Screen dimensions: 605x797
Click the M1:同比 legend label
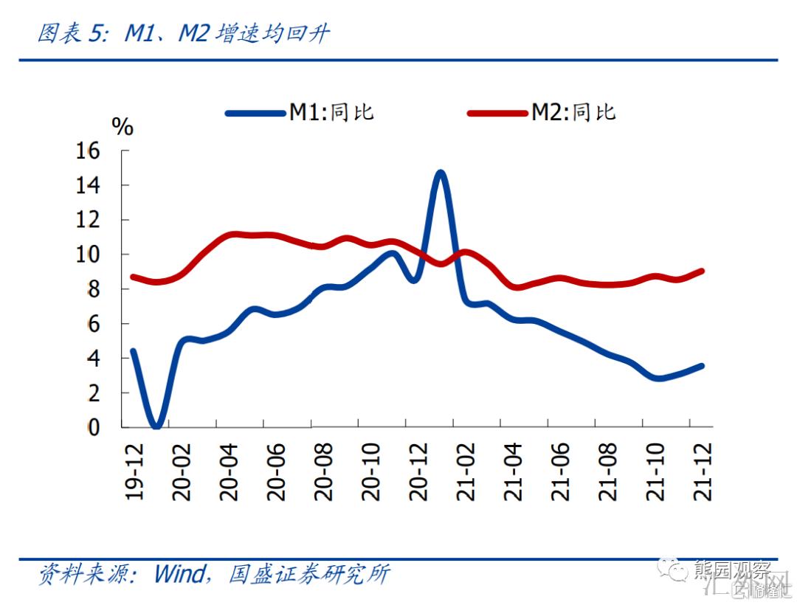pyautogui.click(x=331, y=112)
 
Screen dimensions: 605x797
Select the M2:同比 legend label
pyautogui.click(x=573, y=112)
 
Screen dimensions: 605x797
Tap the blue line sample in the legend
pyautogui.click(x=255, y=113)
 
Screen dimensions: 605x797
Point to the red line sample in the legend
pyautogui.click(x=498, y=113)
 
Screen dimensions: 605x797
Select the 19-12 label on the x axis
pyautogui.click(x=134, y=472)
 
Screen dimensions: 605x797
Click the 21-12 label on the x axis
pyautogui.click(x=703, y=472)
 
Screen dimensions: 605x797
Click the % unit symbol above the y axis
pyautogui.click(x=123, y=126)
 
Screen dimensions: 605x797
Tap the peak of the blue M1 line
pyautogui.click(x=441, y=173)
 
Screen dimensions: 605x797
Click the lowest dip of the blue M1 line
pyautogui.click(x=156, y=425)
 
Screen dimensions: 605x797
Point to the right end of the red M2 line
pyautogui.click(x=701, y=271)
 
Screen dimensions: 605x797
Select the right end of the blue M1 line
pyautogui.click(x=701, y=365)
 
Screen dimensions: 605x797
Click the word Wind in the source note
pyautogui.click(x=181, y=574)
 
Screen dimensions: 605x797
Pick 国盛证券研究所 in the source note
pyautogui.click(x=309, y=574)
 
